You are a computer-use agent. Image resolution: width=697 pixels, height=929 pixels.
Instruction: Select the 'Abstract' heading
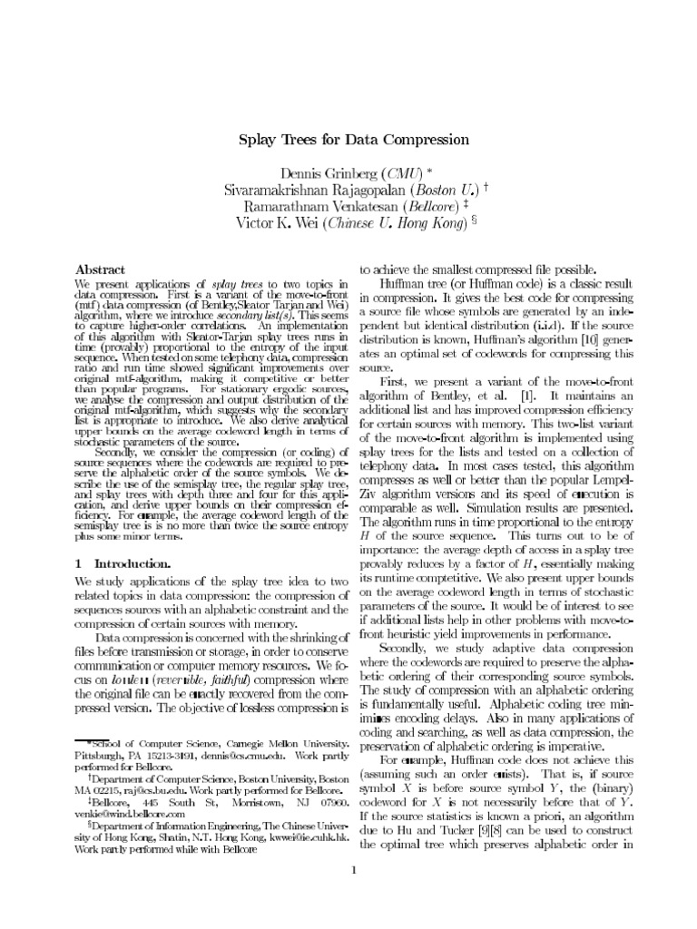tap(100, 270)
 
